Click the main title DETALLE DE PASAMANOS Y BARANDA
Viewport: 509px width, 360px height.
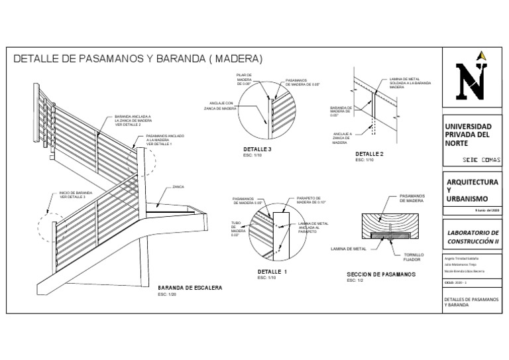pos(138,58)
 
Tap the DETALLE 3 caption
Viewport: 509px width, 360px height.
pos(258,150)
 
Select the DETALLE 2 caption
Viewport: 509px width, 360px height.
pos(369,154)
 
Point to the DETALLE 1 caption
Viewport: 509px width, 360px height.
pos(272,272)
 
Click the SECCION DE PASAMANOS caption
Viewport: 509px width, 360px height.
pos(380,274)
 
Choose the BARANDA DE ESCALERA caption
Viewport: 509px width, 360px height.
pos(190,288)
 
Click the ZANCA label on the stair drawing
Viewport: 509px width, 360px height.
pos(178,187)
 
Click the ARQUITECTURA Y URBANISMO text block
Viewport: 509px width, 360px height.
pos(471,190)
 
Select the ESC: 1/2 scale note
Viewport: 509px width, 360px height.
pos(356,281)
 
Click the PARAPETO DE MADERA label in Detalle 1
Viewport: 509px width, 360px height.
pos(308,200)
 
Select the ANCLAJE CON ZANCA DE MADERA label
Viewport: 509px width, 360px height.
pos(222,105)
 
